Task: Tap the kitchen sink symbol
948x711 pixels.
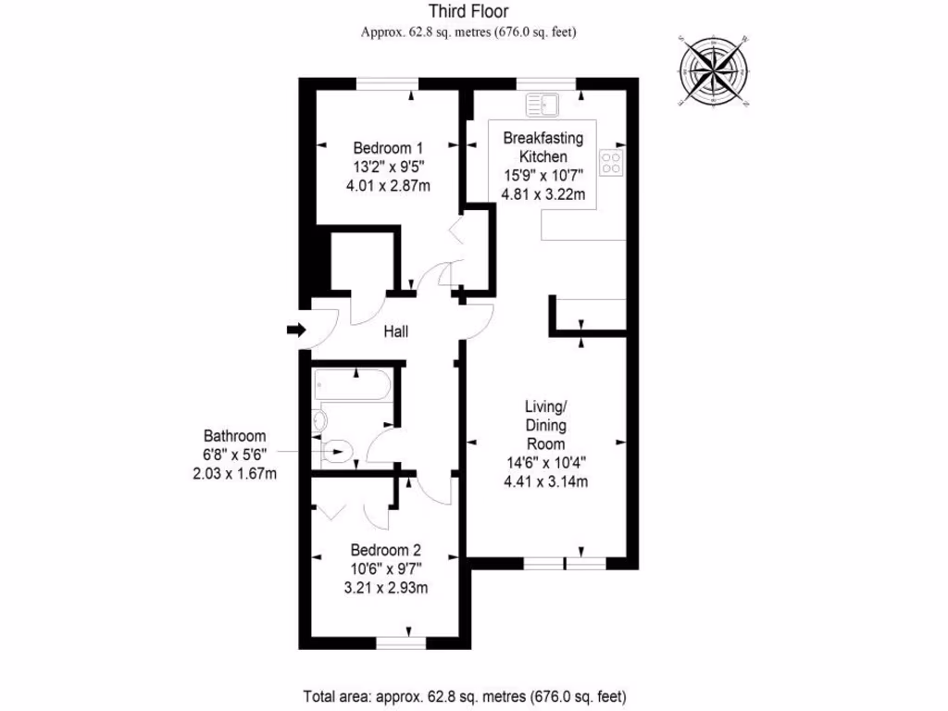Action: coord(538,105)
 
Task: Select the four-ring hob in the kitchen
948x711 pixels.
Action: coord(610,164)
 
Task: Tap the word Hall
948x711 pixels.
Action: coord(395,331)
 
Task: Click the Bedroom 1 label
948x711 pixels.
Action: coord(388,148)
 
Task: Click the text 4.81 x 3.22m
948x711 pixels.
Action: coord(543,194)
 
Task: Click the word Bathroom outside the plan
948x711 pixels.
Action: coord(235,436)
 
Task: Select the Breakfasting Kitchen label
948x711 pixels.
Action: coord(543,147)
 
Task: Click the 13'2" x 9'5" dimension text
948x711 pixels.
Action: coord(388,168)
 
